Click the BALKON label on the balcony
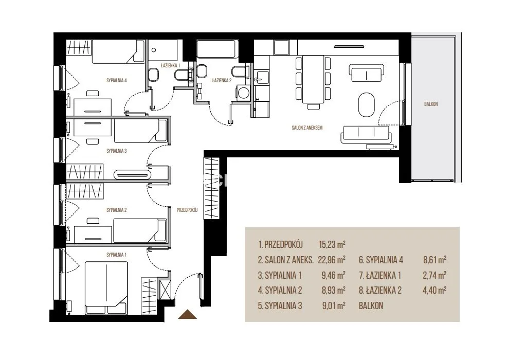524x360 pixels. (x=431, y=104)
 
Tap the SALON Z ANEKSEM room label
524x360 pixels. (x=307, y=128)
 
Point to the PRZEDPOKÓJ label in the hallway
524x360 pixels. (x=187, y=210)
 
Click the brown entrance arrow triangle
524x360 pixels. (x=188, y=315)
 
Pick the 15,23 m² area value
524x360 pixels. (x=332, y=244)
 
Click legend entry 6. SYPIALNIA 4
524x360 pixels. (x=381, y=260)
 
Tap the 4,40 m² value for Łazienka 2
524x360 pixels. (x=435, y=290)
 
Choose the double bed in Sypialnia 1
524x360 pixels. (x=106, y=288)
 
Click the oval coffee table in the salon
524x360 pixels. (x=367, y=104)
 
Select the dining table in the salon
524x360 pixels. (x=313, y=79)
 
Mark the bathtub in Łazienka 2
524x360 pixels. (x=218, y=49)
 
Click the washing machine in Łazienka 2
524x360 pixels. (x=243, y=92)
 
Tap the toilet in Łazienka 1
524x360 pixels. (x=153, y=74)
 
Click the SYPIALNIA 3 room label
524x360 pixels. (x=116, y=151)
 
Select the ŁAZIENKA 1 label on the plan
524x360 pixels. (x=170, y=65)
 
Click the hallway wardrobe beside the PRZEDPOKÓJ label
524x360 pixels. (x=211, y=189)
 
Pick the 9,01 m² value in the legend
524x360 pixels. (x=333, y=305)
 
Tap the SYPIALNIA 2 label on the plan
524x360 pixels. (x=116, y=210)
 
